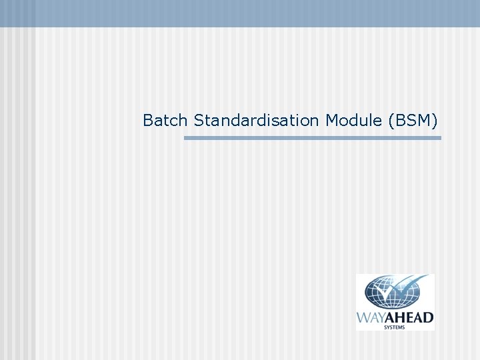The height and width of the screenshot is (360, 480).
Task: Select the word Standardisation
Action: point(257,121)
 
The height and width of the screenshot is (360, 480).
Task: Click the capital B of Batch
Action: point(148,121)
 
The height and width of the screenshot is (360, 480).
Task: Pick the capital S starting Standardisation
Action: point(199,121)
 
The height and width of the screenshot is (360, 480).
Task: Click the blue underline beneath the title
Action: point(312,138)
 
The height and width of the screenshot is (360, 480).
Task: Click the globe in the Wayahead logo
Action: point(387,293)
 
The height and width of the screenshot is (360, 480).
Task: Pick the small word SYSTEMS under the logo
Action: point(395,327)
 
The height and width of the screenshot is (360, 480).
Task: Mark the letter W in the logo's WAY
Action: point(364,318)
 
